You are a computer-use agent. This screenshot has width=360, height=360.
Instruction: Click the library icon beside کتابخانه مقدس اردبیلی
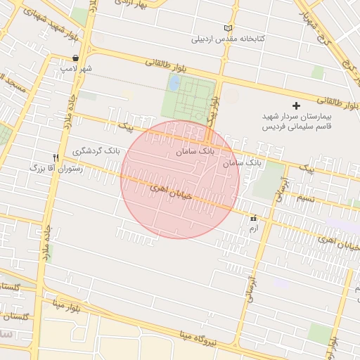227,28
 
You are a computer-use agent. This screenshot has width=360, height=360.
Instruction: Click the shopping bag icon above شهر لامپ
75,58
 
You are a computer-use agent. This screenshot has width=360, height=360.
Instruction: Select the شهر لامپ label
76,69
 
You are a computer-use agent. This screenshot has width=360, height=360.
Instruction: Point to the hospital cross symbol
296,105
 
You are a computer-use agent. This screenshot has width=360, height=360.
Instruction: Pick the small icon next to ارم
253,219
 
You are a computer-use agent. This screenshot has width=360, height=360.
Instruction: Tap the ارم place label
254,229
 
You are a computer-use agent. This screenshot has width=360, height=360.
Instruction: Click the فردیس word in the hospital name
271,127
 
